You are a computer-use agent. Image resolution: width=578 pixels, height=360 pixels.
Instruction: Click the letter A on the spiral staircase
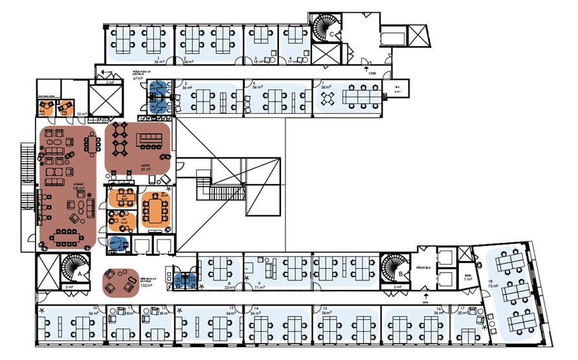pyautogui.click(x=79, y=274)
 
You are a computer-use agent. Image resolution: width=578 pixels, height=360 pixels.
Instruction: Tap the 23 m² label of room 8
pyautogui.click(x=228, y=287)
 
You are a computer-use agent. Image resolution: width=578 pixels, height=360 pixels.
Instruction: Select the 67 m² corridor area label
pyautogui.click(x=138, y=78)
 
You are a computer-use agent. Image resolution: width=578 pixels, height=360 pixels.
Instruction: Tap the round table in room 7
pyautogui.click(x=329, y=97)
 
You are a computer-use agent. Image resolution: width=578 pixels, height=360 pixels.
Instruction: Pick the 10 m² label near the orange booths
pyautogui.click(x=82, y=114)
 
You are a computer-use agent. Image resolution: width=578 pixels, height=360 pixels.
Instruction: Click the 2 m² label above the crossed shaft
pyautogui.click(x=110, y=83)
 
